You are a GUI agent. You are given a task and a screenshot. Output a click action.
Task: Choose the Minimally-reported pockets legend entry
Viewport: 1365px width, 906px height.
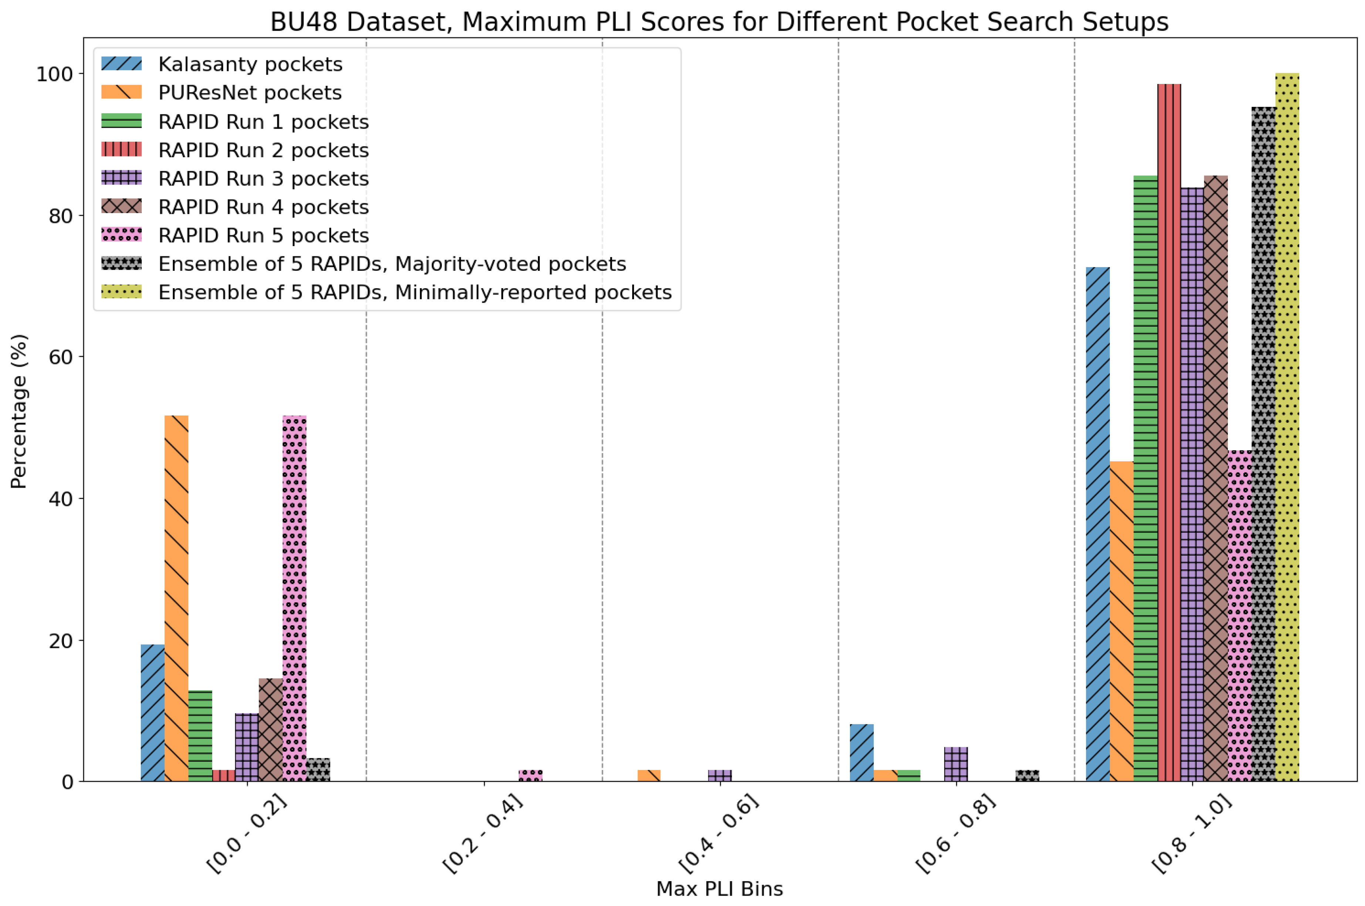point(414,292)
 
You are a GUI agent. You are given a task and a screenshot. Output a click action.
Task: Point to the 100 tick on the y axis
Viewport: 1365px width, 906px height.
point(55,74)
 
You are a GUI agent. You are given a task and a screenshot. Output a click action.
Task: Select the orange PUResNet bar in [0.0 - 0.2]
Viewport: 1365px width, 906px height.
point(176,598)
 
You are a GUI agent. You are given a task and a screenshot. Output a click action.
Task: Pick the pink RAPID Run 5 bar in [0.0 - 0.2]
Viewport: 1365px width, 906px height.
point(294,598)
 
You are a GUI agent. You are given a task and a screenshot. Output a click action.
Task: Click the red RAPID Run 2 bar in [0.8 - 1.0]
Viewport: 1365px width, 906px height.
point(1169,433)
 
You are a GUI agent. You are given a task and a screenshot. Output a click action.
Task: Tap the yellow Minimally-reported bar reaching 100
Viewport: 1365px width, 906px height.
point(1287,428)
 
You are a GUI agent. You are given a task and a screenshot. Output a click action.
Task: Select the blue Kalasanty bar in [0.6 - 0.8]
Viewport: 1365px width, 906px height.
point(861,752)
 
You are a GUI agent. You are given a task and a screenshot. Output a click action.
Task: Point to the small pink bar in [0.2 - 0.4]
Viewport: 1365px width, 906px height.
point(531,775)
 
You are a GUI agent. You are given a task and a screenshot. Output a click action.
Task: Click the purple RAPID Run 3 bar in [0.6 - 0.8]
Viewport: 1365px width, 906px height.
point(956,764)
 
